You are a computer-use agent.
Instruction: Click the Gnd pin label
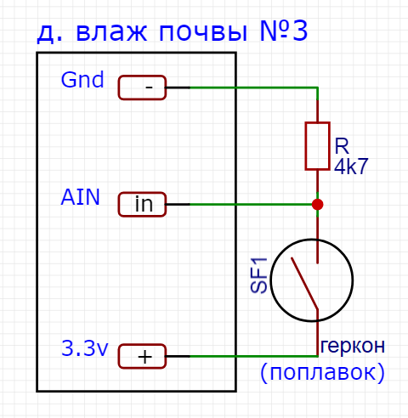tap(82, 80)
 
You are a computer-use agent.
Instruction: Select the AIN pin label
tap(81, 197)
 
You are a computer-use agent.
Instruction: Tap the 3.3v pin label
tap(85, 348)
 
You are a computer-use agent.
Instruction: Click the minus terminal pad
tap(142, 88)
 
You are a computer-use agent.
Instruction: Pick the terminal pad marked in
tap(142, 204)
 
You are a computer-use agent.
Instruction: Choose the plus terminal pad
tap(142, 356)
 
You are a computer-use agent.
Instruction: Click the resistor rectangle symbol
tap(317, 146)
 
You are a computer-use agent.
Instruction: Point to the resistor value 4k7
tap(351, 166)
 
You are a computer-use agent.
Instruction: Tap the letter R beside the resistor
tap(342, 146)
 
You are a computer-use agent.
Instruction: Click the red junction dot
tap(317, 204)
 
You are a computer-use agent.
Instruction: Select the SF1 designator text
tap(259, 275)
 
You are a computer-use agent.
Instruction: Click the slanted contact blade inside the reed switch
tap(304, 283)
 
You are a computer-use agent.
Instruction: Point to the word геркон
tap(353, 346)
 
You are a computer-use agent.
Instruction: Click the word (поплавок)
tap(322, 372)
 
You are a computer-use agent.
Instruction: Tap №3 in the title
tap(284, 31)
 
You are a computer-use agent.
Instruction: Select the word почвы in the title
tap(203, 33)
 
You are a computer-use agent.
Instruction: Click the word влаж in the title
tap(111, 33)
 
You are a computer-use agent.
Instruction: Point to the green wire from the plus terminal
tap(253, 356)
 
